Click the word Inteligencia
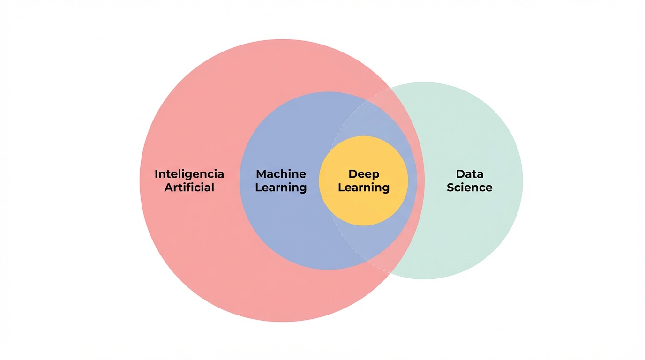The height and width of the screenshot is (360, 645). coord(189,174)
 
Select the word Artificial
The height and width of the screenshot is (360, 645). coord(189,187)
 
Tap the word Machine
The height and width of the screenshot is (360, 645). coord(281,174)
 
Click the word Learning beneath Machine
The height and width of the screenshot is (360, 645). coord(281,187)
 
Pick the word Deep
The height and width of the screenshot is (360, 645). coord(364,174)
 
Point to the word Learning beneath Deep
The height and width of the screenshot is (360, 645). coord(364,187)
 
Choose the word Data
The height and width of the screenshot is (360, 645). coord(469,174)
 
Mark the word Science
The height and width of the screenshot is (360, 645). coord(469,187)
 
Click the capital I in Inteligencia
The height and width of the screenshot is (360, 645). coord(157,174)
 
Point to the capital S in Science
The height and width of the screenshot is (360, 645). coord(450,187)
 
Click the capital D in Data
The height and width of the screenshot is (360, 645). coord(460,174)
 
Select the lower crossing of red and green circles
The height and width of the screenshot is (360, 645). coord(390,273)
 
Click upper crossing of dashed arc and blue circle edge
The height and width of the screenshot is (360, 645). coord(367,100)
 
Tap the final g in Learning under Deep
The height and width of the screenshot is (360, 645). coord(385,189)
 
